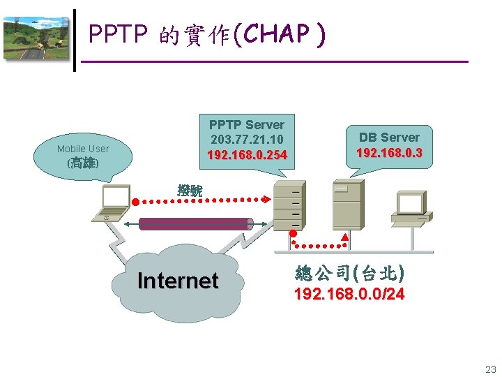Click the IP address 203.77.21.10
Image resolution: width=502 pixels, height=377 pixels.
[247, 139]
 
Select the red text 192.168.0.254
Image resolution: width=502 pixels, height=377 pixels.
[247, 154]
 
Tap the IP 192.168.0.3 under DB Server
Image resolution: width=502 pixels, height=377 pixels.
[389, 152]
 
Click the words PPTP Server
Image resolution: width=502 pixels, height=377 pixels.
[247, 124]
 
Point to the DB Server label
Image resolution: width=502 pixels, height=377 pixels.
[389, 138]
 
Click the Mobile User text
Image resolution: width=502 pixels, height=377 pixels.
[83, 149]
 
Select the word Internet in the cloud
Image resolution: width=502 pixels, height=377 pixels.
[178, 281]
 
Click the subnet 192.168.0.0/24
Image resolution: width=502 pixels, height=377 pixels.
[349, 295]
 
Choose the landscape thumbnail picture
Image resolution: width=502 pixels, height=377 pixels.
[37, 39]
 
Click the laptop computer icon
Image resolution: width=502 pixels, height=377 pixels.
[112, 204]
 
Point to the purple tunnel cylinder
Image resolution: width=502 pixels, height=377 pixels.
[195, 223]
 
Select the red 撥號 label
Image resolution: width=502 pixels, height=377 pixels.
[190, 189]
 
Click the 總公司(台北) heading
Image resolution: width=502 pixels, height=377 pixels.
[349, 272]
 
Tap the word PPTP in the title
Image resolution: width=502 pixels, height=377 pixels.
[116, 34]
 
